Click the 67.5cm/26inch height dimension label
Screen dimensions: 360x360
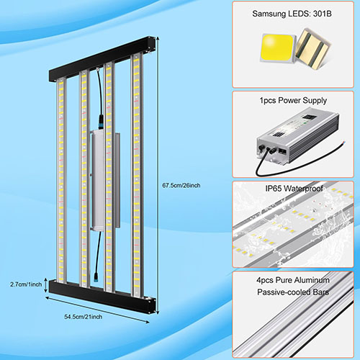tap(181, 185)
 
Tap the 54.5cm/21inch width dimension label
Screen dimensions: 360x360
tap(84, 317)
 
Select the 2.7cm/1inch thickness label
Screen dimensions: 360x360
tap(26, 284)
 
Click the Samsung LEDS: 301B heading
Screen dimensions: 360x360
tap(292, 14)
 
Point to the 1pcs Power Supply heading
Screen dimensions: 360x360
tap(293, 100)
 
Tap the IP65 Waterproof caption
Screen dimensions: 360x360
tap(294, 188)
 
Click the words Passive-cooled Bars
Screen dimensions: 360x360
tap(293, 292)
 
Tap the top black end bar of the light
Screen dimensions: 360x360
tap(102, 59)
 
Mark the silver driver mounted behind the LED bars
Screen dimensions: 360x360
tap(105, 181)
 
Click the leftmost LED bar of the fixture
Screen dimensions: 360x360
tap(61, 181)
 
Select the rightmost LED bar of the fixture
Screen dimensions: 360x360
tap(137, 175)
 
